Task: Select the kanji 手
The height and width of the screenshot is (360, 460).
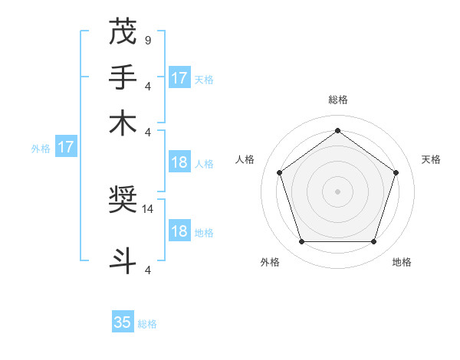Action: pyautogui.click(x=123, y=77)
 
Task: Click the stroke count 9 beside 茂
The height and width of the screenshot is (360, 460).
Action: pyautogui.click(x=147, y=39)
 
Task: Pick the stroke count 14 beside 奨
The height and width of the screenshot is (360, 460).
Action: pyautogui.click(x=149, y=208)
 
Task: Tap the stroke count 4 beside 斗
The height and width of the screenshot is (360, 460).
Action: pyautogui.click(x=147, y=269)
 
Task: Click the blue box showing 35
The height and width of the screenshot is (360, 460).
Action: pyautogui.click(x=123, y=322)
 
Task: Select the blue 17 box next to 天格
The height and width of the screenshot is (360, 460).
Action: pyautogui.click(x=179, y=78)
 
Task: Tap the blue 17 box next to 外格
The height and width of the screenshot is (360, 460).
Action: pyautogui.click(x=66, y=147)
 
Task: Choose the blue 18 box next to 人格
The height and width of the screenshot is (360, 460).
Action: pyautogui.click(x=179, y=162)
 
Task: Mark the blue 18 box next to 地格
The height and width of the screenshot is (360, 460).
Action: pyautogui.click(x=179, y=232)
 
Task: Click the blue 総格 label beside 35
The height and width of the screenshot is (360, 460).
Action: pyautogui.click(x=147, y=324)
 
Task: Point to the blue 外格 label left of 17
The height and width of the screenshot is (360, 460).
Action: pyautogui.click(x=40, y=149)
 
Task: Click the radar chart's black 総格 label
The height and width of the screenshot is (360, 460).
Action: pyautogui.click(x=338, y=100)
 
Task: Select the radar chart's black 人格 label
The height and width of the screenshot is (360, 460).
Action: pyautogui.click(x=245, y=159)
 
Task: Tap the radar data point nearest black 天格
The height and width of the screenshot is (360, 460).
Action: pyautogui.click(x=396, y=172)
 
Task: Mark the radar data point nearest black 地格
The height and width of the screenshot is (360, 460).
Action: pyautogui.click(x=373, y=241)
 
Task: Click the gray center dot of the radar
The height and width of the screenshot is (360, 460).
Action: pyautogui.click(x=338, y=191)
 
